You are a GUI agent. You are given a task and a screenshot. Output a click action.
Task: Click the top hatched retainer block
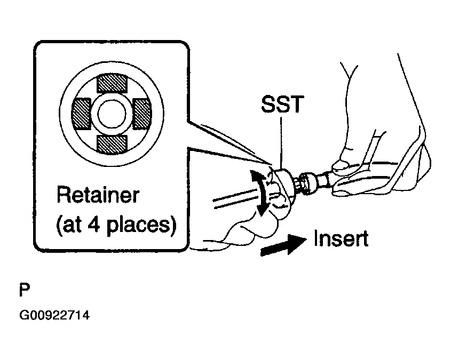click(112, 84)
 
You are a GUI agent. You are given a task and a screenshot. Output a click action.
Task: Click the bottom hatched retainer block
click(112, 142)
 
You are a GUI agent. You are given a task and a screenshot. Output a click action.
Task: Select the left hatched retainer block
click(82, 113)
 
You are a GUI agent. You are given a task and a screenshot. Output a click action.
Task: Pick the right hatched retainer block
click(142, 113)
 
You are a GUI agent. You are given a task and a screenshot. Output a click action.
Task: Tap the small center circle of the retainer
click(112, 113)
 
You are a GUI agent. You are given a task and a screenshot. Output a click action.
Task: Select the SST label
click(282, 105)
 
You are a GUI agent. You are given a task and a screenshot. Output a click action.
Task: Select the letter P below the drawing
click(24, 291)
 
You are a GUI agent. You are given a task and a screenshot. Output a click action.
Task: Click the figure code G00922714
click(54, 316)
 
